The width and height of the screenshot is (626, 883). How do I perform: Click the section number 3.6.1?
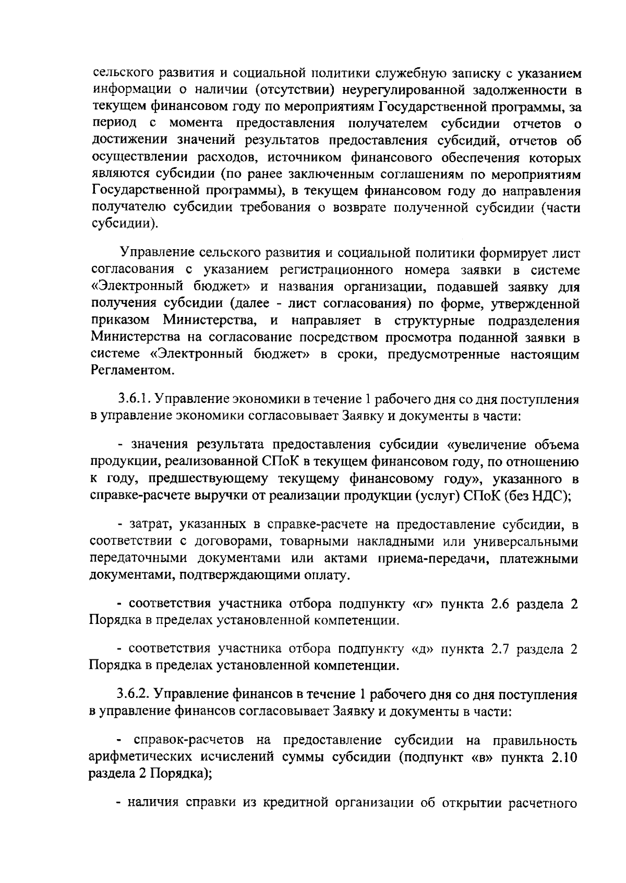pyautogui.click(x=134, y=400)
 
